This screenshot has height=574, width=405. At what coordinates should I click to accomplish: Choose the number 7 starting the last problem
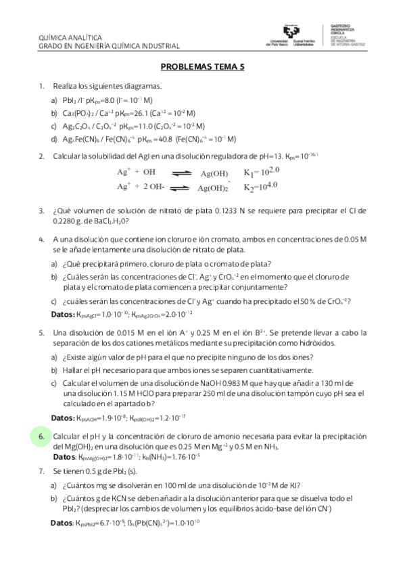(x=42, y=470)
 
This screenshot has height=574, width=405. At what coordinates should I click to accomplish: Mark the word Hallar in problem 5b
(x=73, y=370)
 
